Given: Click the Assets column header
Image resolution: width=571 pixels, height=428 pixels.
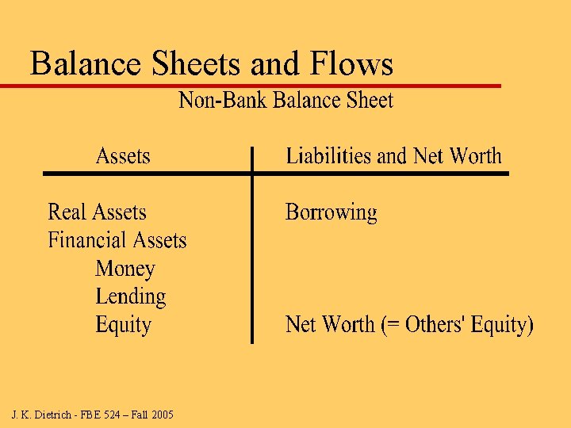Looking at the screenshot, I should [x=123, y=156].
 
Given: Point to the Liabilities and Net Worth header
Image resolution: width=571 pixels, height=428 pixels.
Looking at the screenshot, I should [x=393, y=156].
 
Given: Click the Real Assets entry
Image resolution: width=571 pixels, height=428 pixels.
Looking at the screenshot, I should [x=98, y=212].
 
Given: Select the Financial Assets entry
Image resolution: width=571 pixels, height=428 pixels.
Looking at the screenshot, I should [x=117, y=240].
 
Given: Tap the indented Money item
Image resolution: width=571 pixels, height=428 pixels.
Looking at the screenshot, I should [x=125, y=269].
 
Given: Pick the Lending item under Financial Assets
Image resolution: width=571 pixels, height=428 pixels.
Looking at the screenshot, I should [x=131, y=297].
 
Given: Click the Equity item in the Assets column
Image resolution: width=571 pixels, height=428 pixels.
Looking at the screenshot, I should [x=123, y=325].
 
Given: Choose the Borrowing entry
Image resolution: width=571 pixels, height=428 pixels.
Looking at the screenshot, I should [x=331, y=212].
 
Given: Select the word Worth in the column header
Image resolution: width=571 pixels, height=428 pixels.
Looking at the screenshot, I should [x=476, y=156].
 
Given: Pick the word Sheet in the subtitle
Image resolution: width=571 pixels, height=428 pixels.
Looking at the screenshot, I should [x=367, y=101].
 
